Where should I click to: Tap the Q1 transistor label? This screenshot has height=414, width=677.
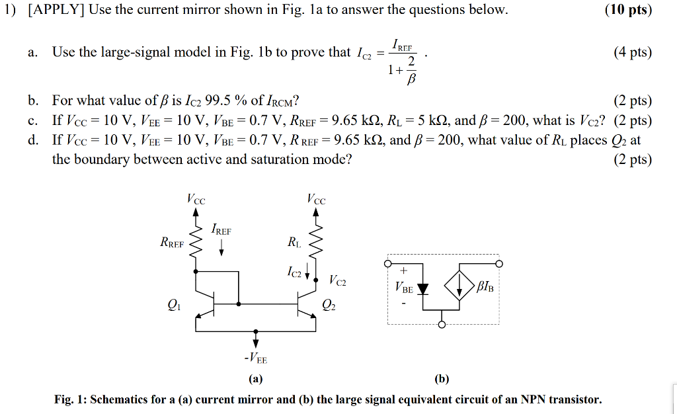coord(173,305)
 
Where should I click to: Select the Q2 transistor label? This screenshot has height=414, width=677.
coord(328,305)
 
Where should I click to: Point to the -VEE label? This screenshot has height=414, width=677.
coord(255,359)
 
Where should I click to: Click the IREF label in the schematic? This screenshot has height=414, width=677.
coord(221,230)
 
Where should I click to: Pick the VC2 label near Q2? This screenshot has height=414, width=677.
coord(337,280)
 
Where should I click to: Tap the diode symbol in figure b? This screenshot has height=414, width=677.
coord(422,288)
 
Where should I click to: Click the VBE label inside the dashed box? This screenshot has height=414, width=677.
coord(403,288)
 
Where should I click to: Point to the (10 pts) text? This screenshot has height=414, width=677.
coord(628,11)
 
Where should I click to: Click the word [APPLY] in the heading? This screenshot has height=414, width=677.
coord(56,11)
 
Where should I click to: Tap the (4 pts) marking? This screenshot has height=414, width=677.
coord(632,52)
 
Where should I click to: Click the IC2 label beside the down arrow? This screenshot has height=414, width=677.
coord(295,271)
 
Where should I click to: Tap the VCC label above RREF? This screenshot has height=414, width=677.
coord(196,198)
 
